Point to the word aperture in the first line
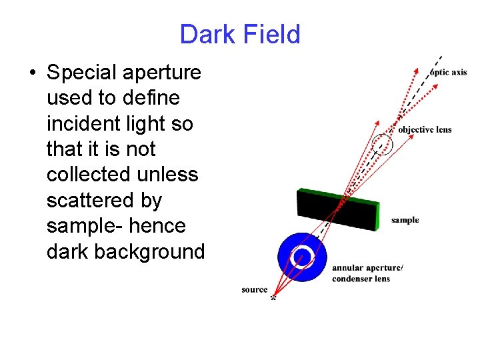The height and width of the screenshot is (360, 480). pos(167,72)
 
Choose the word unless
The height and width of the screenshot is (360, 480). pos(168,175)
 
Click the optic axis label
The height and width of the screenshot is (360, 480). pos(449,72)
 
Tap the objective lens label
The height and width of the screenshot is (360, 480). pos(425,129)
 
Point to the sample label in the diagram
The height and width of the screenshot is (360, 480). pos(405,220)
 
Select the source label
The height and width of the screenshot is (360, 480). pos(254,289)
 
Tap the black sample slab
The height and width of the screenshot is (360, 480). pos(337,211)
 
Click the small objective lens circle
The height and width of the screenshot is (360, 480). pos(381,143)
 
